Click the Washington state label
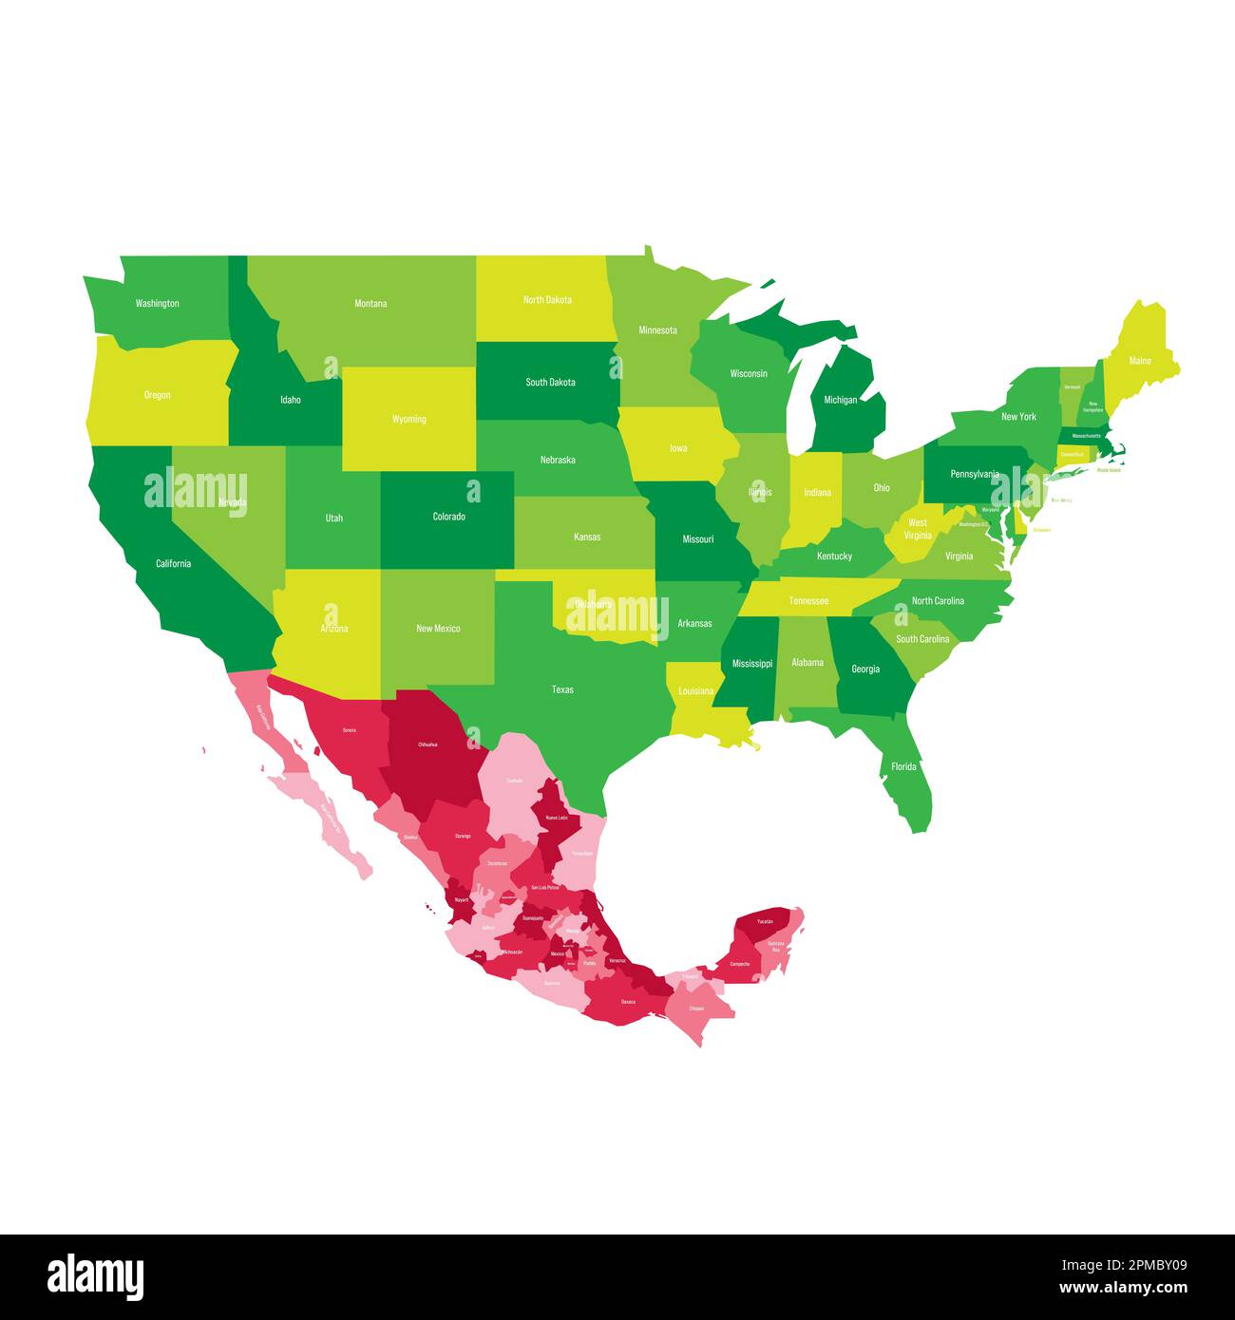point(157,304)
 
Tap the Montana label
point(370,304)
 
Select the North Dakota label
point(547,300)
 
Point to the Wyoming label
point(409,419)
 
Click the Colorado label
point(449,517)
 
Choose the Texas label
point(562,689)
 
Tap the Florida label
point(903,766)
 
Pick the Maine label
point(1140,361)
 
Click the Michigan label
point(840,400)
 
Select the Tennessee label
point(808,601)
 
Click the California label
point(174,563)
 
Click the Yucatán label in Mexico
point(765,922)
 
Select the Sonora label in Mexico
point(350,730)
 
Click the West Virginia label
point(918,529)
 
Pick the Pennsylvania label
point(975,474)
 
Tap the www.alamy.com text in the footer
point(1123,1289)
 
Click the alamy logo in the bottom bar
point(96,1276)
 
